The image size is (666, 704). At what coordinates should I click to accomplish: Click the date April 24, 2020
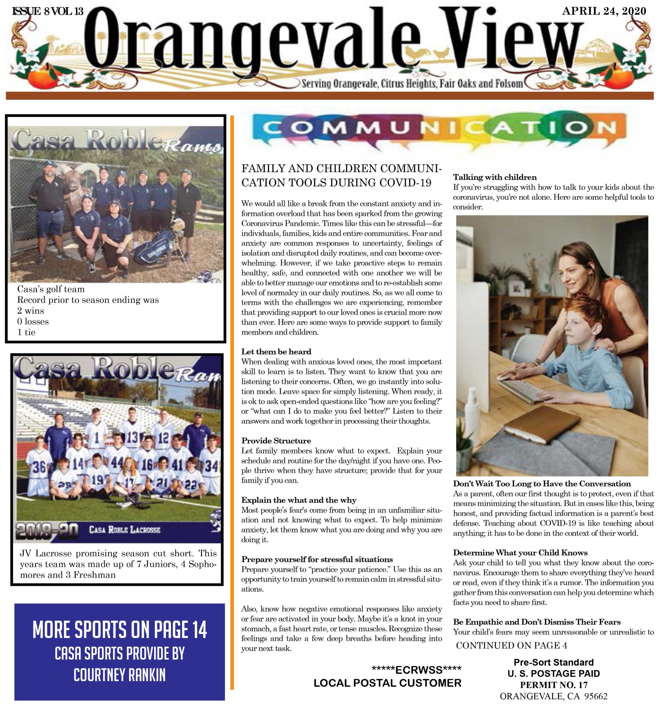click(604, 11)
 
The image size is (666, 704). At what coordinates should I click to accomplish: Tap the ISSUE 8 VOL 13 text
click(48, 11)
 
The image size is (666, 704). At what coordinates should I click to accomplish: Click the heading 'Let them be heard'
click(276, 352)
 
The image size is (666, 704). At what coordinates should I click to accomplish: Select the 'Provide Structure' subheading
click(276, 441)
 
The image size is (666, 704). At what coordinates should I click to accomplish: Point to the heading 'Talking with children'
click(495, 177)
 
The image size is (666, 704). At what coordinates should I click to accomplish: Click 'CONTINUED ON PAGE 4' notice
click(512, 645)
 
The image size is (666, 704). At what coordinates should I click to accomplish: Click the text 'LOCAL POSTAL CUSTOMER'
click(387, 683)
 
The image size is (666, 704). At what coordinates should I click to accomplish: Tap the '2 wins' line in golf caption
click(31, 311)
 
